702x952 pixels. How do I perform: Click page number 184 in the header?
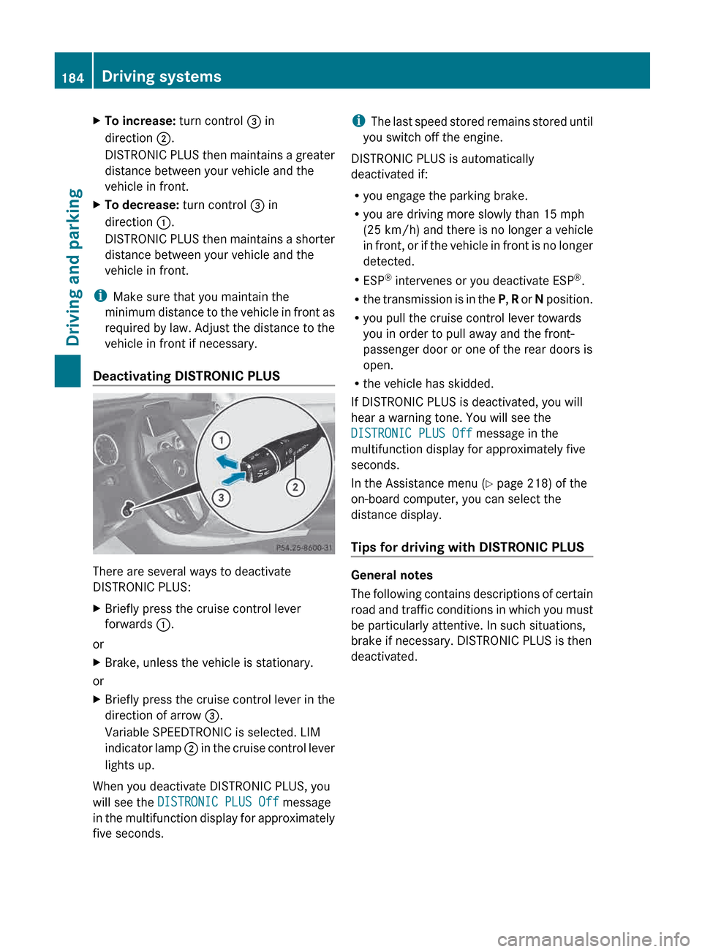click(x=72, y=78)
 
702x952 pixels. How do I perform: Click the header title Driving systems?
click(x=161, y=76)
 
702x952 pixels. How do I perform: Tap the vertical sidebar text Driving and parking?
click(x=73, y=267)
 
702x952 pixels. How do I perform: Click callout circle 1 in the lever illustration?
click(x=221, y=440)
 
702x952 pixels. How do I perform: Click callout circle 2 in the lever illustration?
click(x=295, y=487)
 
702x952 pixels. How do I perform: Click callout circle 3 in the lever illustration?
click(x=221, y=498)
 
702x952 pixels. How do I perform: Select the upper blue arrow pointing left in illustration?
click(x=227, y=461)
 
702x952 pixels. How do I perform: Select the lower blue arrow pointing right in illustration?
click(x=233, y=478)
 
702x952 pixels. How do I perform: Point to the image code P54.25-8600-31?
click(x=303, y=547)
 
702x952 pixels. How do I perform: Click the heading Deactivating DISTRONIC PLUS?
click(x=186, y=376)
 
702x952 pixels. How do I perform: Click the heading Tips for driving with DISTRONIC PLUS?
click(x=467, y=547)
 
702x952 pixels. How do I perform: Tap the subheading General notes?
click(x=392, y=575)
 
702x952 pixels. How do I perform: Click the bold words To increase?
click(x=140, y=121)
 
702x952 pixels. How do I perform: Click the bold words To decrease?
click(x=141, y=205)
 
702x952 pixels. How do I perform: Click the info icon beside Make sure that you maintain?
click(x=100, y=296)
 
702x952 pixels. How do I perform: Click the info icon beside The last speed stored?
click(x=358, y=121)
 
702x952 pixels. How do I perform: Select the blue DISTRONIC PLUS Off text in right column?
click(x=411, y=434)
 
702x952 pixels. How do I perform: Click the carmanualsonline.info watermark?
click(x=593, y=939)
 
